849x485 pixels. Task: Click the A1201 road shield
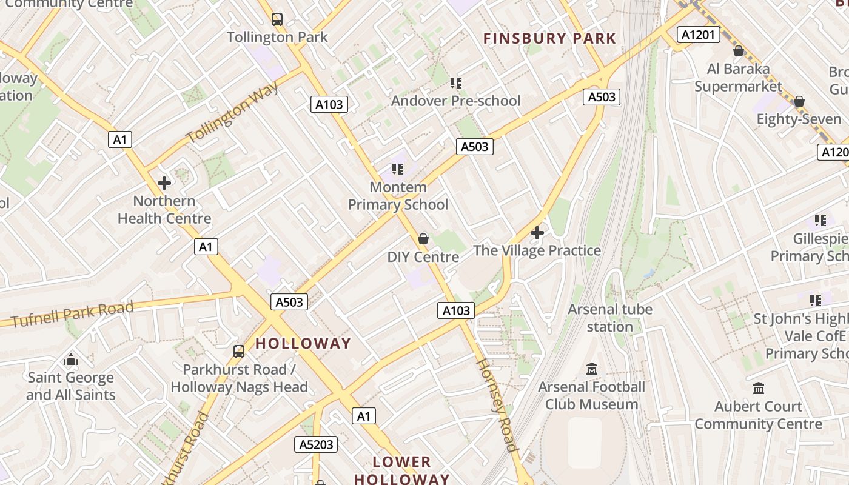click(x=698, y=35)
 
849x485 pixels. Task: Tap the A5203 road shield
click(x=317, y=444)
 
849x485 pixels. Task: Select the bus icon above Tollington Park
click(x=277, y=19)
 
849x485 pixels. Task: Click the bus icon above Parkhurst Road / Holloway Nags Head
click(x=239, y=351)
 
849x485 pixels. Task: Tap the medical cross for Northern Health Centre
click(x=164, y=182)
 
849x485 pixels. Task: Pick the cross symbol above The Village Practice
click(x=537, y=232)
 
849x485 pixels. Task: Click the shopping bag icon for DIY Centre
click(x=423, y=239)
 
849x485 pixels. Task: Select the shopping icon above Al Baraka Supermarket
click(x=738, y=51)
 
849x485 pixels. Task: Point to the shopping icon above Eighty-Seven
click(x=799, y=101)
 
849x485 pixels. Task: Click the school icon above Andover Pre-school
click(x=455, y=82)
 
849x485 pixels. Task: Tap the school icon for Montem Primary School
click(x=398, y=169)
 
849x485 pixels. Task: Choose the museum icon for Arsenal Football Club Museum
click(x=592, y=369)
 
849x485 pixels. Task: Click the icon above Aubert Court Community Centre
click(x=758, y=388)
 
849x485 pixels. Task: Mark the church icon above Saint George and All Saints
click(x=71, y=360)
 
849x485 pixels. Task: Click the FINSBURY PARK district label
click(x=549, y=39)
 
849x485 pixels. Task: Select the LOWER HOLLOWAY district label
click(x=401, y=470)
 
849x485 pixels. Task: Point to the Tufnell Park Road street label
click(x=72, y=314)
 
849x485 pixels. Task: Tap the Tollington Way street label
click(x=233, y=113)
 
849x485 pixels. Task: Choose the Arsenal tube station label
click(x=610, y=318)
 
